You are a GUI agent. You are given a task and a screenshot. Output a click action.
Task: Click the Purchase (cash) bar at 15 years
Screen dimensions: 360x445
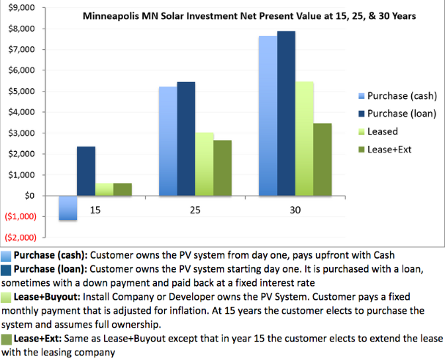click(68, 207)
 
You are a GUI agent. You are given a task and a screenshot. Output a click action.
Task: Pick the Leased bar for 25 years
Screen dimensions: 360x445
click(204, 164)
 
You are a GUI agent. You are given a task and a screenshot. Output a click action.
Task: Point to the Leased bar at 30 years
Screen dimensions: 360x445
click(304, 139)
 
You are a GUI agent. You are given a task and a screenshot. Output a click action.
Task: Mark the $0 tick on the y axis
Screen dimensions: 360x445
click(30, 196)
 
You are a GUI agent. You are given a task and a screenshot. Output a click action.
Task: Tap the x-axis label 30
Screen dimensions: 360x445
click(295, 210)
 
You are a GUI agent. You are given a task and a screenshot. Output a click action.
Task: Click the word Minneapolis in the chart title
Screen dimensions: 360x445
click(112, 15)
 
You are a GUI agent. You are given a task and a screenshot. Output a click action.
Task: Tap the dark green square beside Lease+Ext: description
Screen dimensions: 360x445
click(7, 340)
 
